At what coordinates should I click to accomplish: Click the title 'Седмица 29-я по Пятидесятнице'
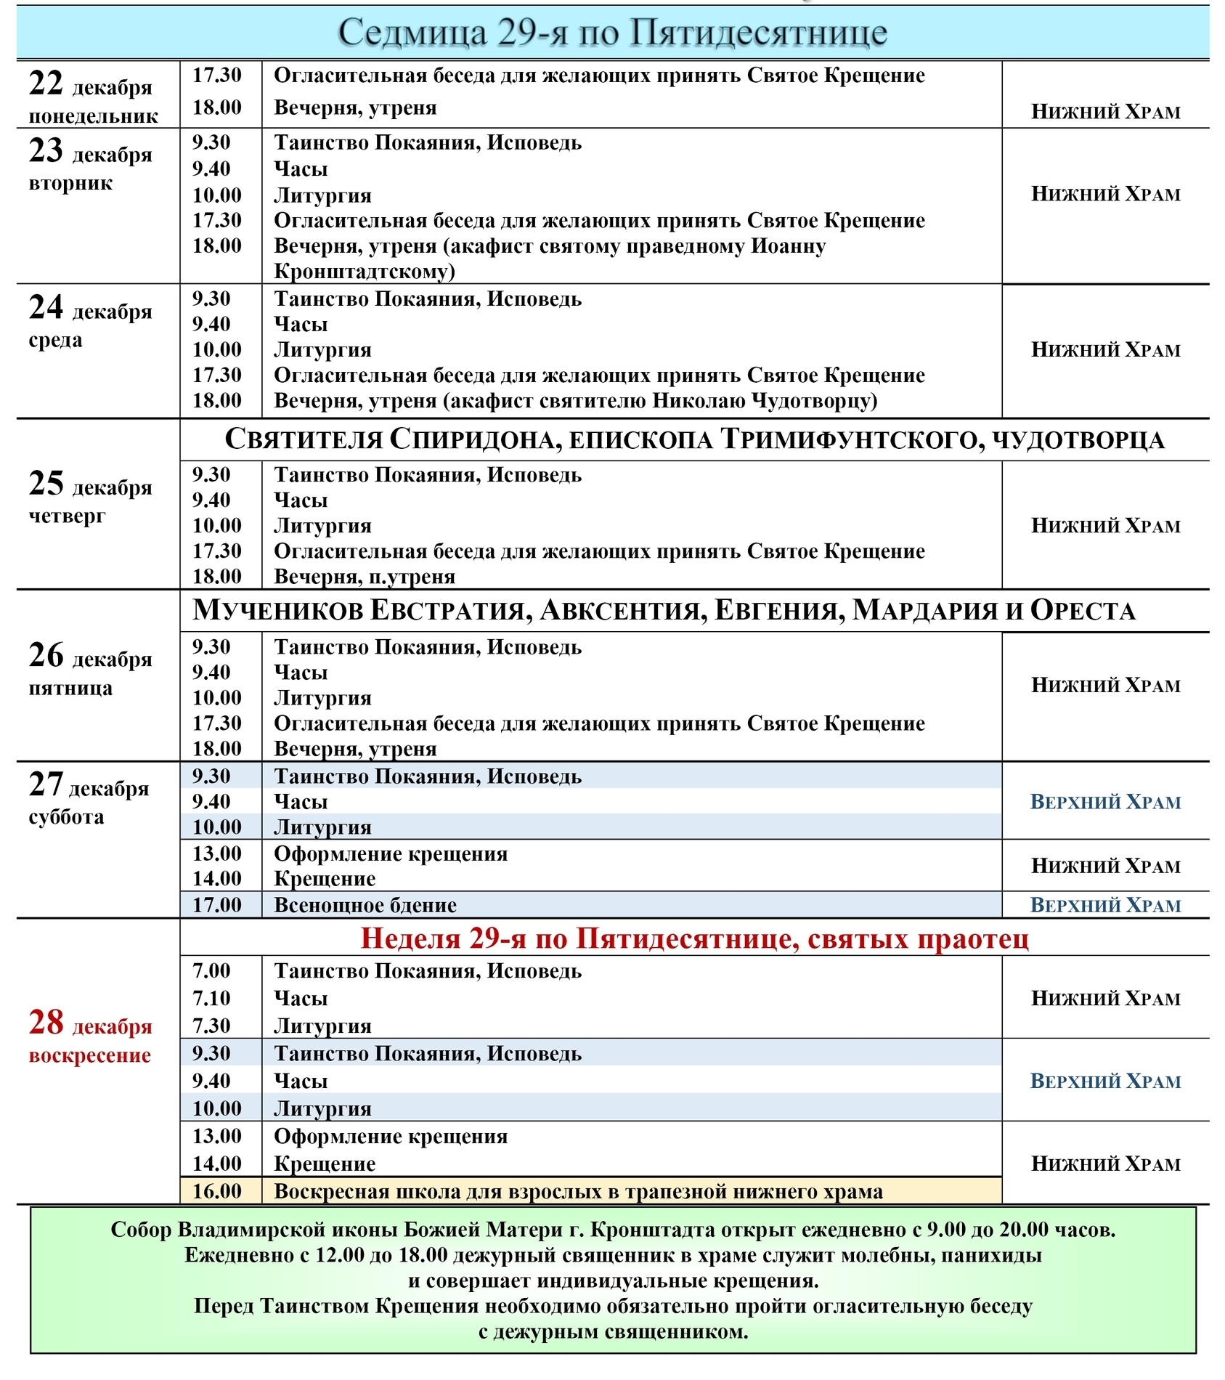612,33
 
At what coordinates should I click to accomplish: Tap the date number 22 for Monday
46,84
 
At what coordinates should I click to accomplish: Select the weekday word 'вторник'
70,183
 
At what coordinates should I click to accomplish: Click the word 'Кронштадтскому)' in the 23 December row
365,272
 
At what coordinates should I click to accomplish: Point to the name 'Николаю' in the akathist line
698,401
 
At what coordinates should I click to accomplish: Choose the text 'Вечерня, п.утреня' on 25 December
365,577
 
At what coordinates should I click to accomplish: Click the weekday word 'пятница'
70,688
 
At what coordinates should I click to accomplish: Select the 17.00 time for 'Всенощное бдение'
216,905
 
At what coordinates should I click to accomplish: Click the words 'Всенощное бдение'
365,906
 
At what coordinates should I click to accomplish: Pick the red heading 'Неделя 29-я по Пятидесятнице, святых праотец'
694,939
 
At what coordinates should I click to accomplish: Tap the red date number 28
46,1023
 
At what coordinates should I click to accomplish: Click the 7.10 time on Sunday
211,999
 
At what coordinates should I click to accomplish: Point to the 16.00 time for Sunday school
216,1191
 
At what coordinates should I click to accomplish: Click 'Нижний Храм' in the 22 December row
1105,112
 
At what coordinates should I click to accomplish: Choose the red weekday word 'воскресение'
90,1055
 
